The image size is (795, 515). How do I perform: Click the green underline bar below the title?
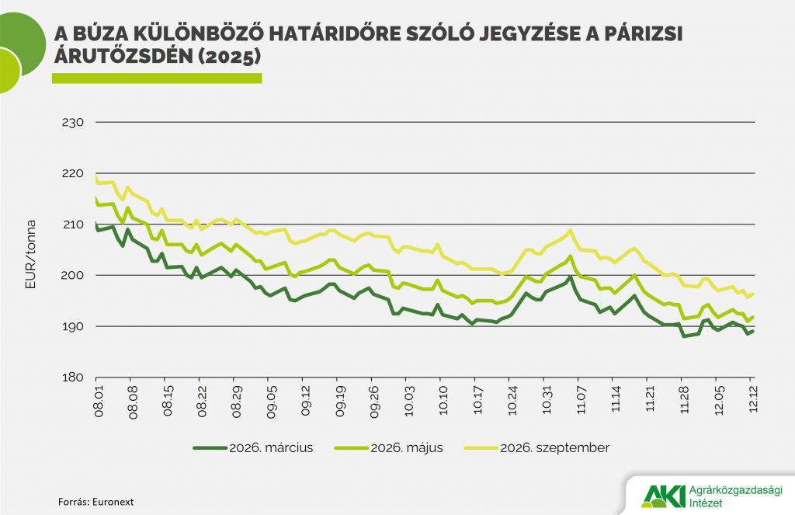156,78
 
